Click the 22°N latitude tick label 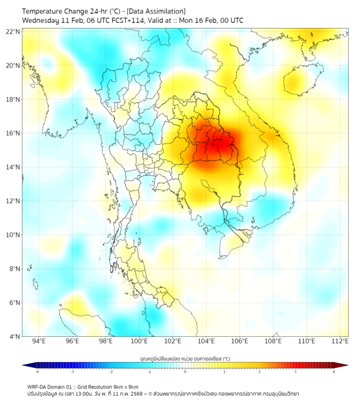[x=13, y=31]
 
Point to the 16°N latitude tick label [x=13, y=133]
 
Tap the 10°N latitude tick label [x=13, y=235]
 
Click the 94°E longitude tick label [x=39, y=342]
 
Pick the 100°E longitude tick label [x=139, y=342]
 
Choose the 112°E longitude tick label [x=340, y=342]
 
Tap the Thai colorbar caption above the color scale [x=185, y=358]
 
